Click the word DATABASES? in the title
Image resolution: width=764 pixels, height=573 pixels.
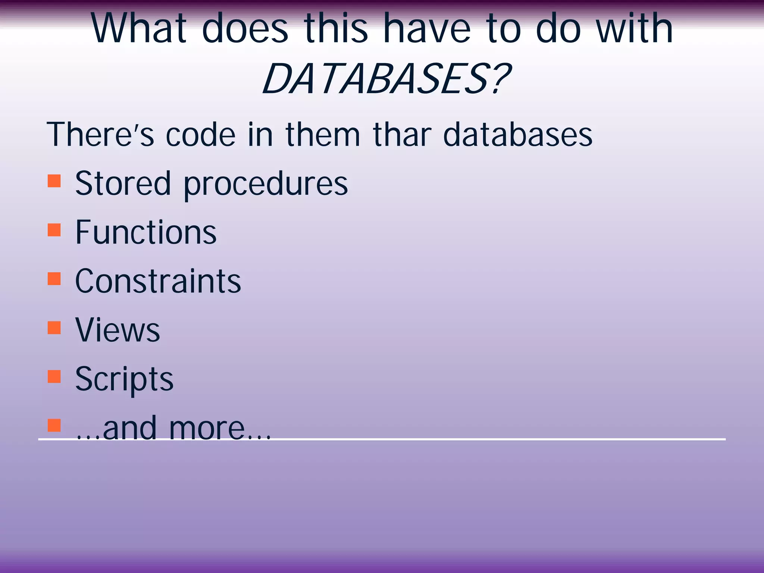tap(386, 79)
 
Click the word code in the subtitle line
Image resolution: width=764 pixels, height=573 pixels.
tap(200, 135)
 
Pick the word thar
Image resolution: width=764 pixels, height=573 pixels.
tap(402, 135)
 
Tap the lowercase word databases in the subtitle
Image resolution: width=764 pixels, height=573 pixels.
tap(517, 135)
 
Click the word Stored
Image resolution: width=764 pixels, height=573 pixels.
tap(123, 183)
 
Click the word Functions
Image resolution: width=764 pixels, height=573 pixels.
tap(146, 232)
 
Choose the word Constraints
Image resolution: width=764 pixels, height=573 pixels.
tap(158, 281)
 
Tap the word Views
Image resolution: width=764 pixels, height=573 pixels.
tap(118, 330)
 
